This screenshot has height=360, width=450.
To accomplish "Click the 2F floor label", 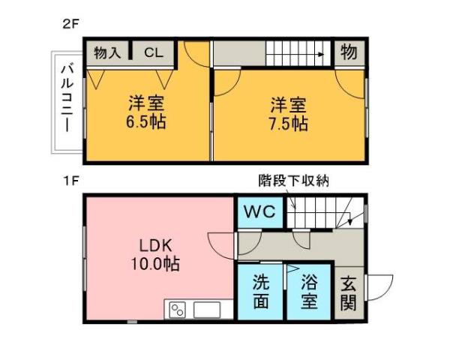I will coord(70,23).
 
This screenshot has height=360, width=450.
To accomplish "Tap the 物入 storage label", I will coord(107,52).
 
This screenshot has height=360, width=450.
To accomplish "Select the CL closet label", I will coord(153,52).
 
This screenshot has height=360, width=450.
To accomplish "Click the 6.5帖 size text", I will coord(146,122).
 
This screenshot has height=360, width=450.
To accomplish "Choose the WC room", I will coord(259,211).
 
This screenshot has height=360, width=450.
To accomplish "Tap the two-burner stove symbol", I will coord(178,309).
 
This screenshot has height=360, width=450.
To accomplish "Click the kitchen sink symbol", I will coord(207,309).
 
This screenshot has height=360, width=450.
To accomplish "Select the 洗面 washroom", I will coord(260,292).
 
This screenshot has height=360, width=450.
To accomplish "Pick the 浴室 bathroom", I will coord(309,292).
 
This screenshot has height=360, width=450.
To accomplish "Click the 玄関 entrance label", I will coord(348,293).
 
